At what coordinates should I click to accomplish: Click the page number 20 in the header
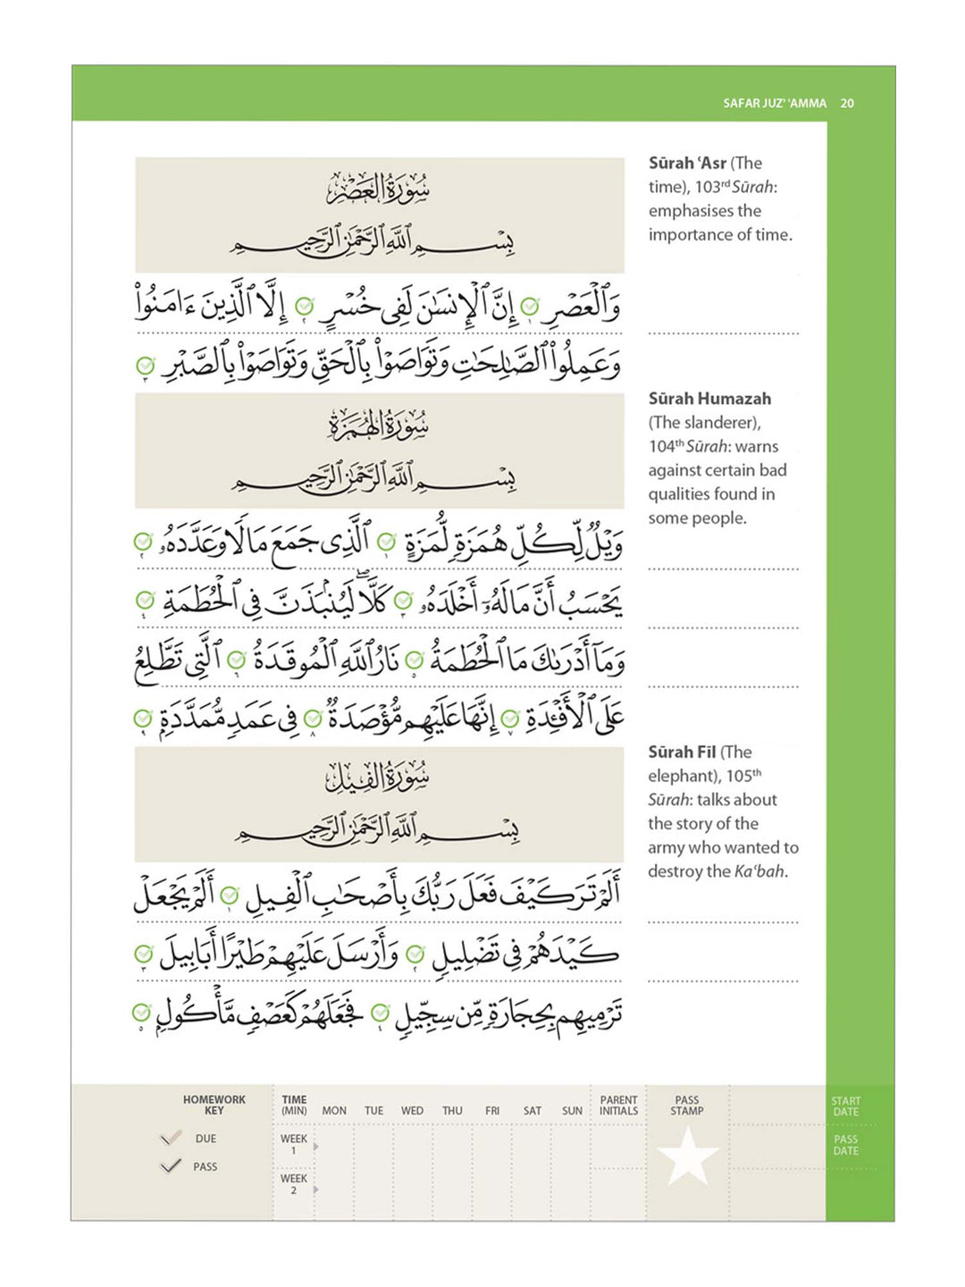click(847, 104)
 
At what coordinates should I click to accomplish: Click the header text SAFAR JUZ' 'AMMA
click(775, 104)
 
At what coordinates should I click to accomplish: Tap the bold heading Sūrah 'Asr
click(687, 164)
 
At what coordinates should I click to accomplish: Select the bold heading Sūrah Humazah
click(709, 400)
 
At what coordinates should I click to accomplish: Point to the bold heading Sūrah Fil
click(682, 753)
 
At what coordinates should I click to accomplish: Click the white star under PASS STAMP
click(687, 1155)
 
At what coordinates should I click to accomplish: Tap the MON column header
click(334, 1111)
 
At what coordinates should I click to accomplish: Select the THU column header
click(452, 1111)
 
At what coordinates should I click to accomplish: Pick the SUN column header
click(572, 1111)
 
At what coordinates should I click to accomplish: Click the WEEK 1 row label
click(293, 1145)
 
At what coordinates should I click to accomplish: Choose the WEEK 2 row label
click(293, 1184)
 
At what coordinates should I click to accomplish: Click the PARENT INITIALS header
click(618, 1106)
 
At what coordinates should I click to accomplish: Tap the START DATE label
click(845, 1106)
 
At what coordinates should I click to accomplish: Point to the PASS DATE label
click(845, 1145)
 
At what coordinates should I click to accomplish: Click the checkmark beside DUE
click(170, 1138)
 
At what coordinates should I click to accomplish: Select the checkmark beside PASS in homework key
click(170, 1166)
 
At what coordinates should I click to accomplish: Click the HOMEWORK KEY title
click(214, 1106)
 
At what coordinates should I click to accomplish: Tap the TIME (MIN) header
click(294, 1106)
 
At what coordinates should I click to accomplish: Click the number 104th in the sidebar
click(665, 447)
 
